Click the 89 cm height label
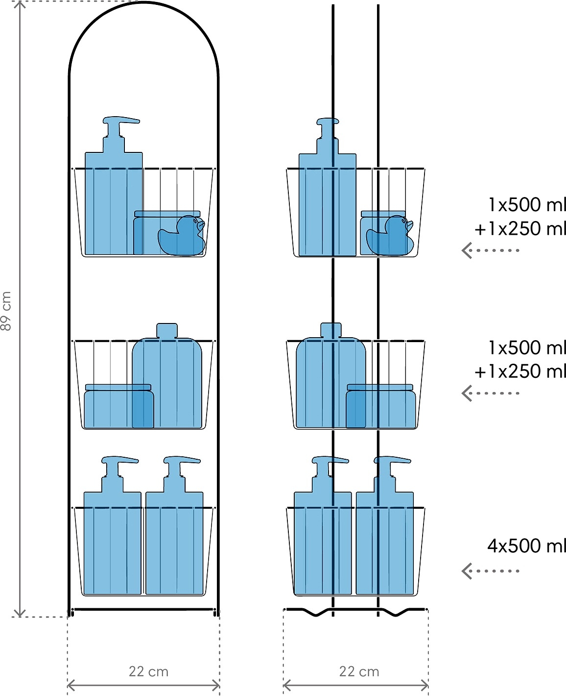[6, 311]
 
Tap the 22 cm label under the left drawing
[148, 671]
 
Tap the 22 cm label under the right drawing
[359, 671]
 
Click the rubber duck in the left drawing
[182, 235]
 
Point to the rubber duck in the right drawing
[390, 235]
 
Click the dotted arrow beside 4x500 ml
[490, 571]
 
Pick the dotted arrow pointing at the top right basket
[490, 250]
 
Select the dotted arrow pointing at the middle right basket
[490, 393]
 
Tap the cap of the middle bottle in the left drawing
[167, 330]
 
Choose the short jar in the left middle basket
[119, 406]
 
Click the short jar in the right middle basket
[380, 406]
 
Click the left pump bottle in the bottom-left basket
[113, 525]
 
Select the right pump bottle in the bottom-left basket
[174, 525]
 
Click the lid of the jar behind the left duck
[167, 214]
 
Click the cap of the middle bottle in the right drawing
[331, 330]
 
